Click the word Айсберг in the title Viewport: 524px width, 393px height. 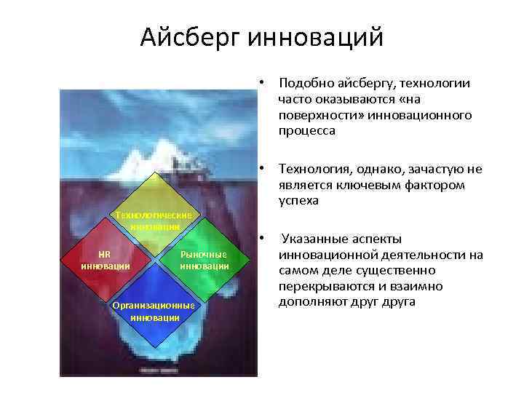(191, 36)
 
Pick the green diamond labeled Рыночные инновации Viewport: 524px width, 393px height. (204, 260)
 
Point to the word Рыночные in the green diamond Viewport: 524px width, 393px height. (204, 254)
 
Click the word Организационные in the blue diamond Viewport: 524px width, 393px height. (154, 306)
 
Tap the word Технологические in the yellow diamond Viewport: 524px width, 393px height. (154, 215)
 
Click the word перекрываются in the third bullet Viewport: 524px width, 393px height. (323, 286)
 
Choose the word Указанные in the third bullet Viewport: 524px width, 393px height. (314, 239)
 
